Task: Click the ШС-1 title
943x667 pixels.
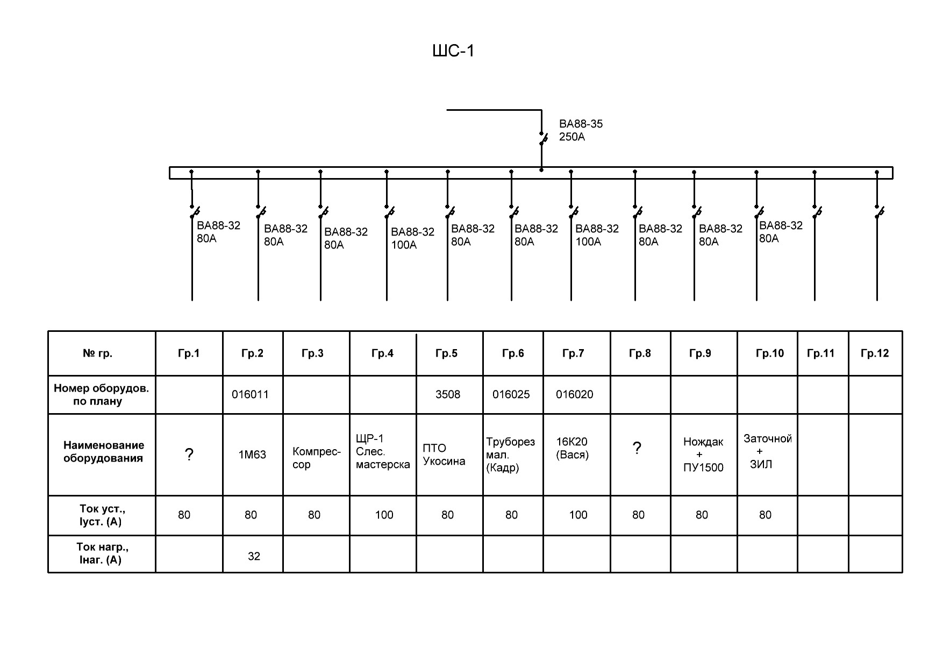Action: click(x=454, y=51)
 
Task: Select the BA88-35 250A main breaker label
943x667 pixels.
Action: click(x=581, y=130)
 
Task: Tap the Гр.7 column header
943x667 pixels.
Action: click(x=573, y=353)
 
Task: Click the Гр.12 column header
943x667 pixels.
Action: click(x=875, y=353)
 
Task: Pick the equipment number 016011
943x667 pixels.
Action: click(x=250, y=394)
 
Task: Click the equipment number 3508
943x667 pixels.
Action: click(x=448, y=394)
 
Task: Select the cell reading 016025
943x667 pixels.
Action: click(x=511, y=394)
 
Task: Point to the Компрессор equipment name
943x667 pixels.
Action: click(x=317, y=458)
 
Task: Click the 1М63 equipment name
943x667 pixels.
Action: click(x=252, y=455)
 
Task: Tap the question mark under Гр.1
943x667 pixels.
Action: click(x=189, y=455)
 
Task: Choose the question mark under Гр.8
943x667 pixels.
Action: click(x=637, y=448)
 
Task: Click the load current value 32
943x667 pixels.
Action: click(x=254, y=556)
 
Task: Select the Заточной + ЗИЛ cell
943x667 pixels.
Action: click(x=767, y=451)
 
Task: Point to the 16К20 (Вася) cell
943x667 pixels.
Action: click(x=572, y=448)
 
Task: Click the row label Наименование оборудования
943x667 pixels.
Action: click(x=103, y=452)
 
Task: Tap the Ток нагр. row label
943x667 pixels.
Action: click(x=102, y=554)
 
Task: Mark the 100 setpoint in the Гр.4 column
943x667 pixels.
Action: click(x=384, y=515)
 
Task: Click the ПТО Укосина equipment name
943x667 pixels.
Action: click(x=444, y=455)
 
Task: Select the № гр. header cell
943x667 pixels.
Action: click(x=97, y=353)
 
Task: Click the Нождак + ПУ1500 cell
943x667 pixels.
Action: click(x=703, y=455)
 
